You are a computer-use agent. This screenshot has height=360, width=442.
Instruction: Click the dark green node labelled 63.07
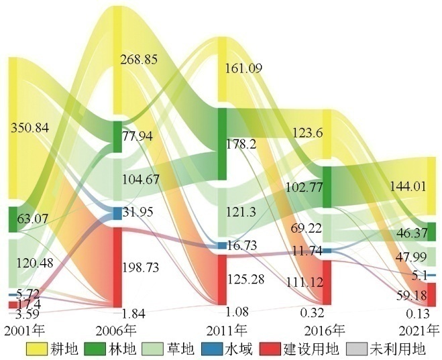13,219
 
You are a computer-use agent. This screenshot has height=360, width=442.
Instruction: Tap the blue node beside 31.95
117,213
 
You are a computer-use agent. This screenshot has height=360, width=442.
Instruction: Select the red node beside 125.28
223,278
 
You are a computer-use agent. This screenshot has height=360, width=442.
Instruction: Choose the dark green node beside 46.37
431,231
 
